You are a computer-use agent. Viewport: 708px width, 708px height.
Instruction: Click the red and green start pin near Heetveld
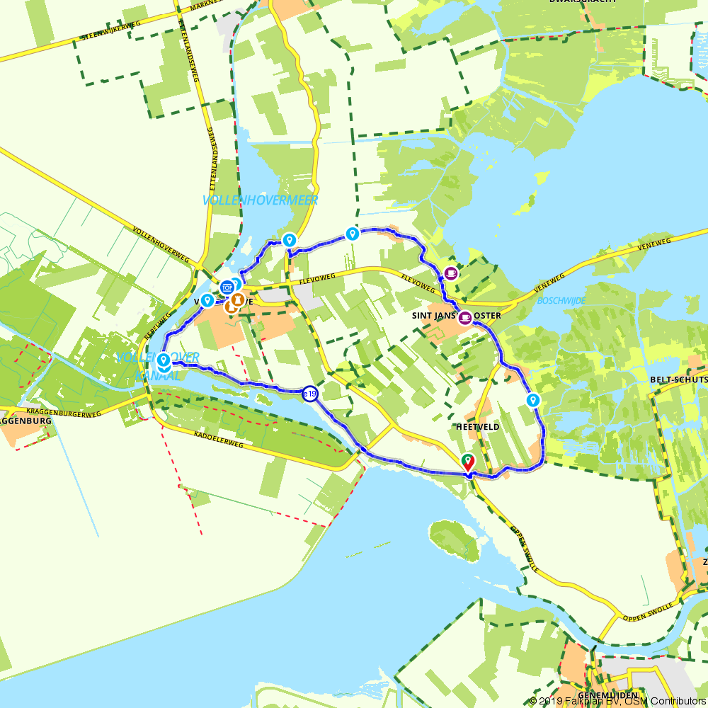pos(468,462)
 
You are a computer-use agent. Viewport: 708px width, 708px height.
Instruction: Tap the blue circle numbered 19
pos(310,394)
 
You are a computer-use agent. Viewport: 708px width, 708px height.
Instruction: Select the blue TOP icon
pos(227,287)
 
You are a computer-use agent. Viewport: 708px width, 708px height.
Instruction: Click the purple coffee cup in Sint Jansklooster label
pos(465,317)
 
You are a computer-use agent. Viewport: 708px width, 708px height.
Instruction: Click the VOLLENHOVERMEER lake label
pos(260,200)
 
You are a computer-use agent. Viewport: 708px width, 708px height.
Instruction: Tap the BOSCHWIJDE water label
pos(561,301)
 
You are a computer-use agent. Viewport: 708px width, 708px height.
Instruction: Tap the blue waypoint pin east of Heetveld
pos(533,401)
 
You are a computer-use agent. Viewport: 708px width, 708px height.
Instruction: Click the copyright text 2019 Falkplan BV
pos(581,701)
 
